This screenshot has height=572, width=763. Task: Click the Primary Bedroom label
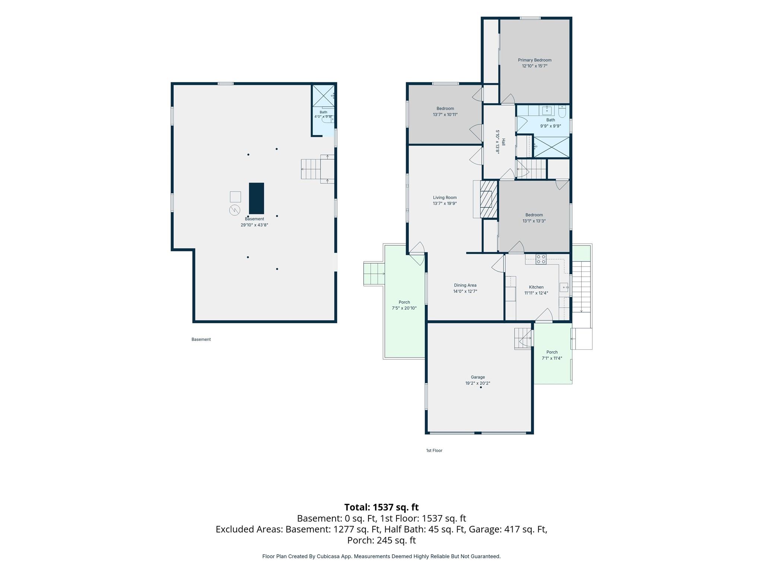click(x=535, y=60)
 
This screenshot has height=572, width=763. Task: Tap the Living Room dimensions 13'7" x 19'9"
click(x=445, y=204)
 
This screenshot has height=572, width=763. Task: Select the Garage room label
click(x=478, y=377)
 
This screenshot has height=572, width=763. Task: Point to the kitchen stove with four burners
click(x=541, y=259)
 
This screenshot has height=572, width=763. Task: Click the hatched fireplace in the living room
click(x=489, y=199)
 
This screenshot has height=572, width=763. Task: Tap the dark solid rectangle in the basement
click(x=256, y=198)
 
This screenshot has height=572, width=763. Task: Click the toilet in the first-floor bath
click(x=562, y=111)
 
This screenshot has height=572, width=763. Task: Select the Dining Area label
click(x=465, y=285)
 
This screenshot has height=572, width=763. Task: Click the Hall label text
click(x=503, y=142)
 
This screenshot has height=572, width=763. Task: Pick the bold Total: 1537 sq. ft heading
click(x=381, y=507)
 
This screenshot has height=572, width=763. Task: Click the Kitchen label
click(x=536, y=287)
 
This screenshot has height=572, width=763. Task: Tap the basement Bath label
click(x=323, y=112)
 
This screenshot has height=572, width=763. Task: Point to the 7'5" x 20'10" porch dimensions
click(x=404, y=308)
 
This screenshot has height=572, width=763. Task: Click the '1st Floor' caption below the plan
click(x=434, y=451)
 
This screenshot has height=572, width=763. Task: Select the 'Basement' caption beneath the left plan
click(x=201, y=339)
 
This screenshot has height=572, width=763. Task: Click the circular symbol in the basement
click(x=235, y=210)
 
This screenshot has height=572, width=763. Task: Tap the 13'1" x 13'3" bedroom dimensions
click(x=534, y=221)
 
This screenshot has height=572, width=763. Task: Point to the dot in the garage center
click(x=481, y=387)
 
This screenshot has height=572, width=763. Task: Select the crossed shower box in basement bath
click(x=323, y=96)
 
